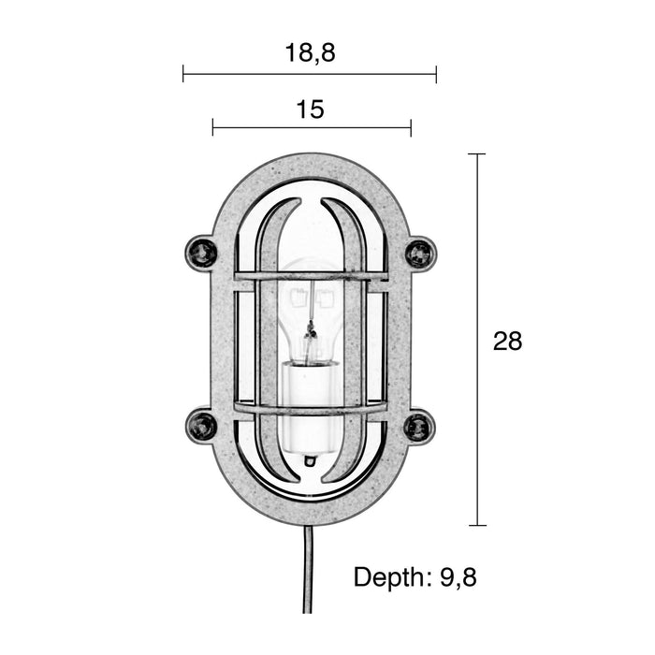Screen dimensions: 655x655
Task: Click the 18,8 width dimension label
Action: pos(310,53)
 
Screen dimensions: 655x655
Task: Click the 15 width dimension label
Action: pos(310,109)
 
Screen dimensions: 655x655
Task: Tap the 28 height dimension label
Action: pos(507,342)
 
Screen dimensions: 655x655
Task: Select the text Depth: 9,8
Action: pos(415,577)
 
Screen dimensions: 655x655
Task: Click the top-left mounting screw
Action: pos(201,253)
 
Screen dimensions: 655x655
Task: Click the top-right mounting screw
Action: pos(419,253)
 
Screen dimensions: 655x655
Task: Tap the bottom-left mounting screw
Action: pos(201,426)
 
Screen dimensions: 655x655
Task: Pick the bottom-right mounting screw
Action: pos(418,427)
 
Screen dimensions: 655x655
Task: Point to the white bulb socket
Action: pos(310,407)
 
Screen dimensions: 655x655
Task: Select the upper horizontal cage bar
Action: pos(310,276)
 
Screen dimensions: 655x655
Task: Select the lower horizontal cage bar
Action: pos(310,408)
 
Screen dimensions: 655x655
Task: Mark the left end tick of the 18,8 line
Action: pos(183,74)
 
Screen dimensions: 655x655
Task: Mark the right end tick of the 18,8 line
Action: pos(436,74)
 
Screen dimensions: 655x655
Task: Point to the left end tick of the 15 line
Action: pos(212,127)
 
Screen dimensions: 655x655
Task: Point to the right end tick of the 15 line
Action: pos(411,127)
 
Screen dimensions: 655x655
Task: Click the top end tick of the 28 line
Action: pos(476,153)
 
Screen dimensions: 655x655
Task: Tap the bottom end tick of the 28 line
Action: pos(476,525)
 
